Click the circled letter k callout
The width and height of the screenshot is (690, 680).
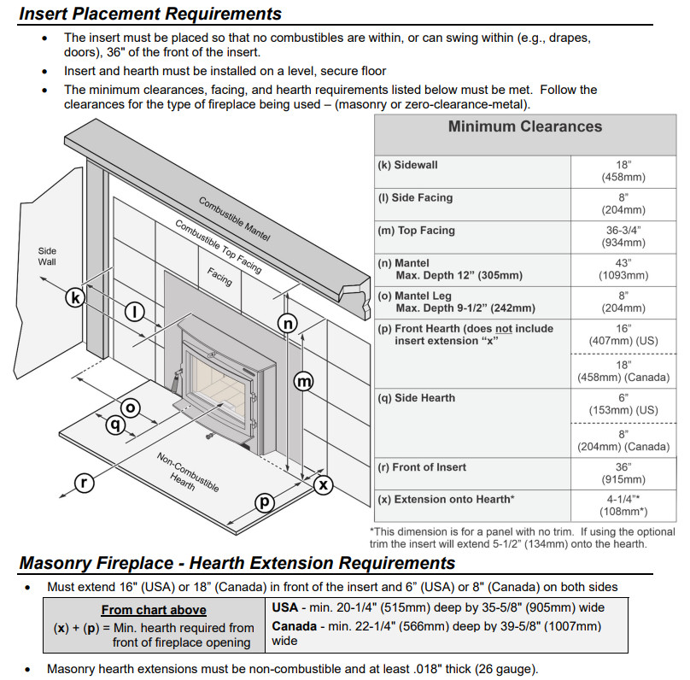click(x=77, y=297)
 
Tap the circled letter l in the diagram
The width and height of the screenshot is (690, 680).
click(x=135, y=312)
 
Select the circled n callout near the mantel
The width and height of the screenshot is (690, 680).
click(x=289, y=323)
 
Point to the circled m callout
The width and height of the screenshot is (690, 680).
click(x=304, y=382)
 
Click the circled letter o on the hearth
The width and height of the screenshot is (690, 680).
click(x=131, y=407)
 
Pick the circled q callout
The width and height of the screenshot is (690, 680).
click(x=114, y=423)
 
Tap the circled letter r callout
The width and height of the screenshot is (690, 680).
click(x=84, y=483)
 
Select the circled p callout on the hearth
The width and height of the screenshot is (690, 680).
click(x=265, y=502)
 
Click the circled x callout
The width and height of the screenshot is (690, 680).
click(x=323, y=484)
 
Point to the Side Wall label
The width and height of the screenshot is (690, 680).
click(x=47, y=256)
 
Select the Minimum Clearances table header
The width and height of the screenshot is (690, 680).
click(x=525, y=127)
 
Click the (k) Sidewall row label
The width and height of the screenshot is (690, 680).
click(x=408, y=165)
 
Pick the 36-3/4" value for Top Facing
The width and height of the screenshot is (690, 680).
click(x=623, y=230)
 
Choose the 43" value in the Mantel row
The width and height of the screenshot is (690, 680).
click(x=623, y=263)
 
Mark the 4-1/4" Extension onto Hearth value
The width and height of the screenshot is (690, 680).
click(x=623, y=499)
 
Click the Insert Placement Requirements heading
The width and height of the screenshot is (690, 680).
click(x=150, y=14)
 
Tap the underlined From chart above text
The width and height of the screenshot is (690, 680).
click(x=154, y=610)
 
